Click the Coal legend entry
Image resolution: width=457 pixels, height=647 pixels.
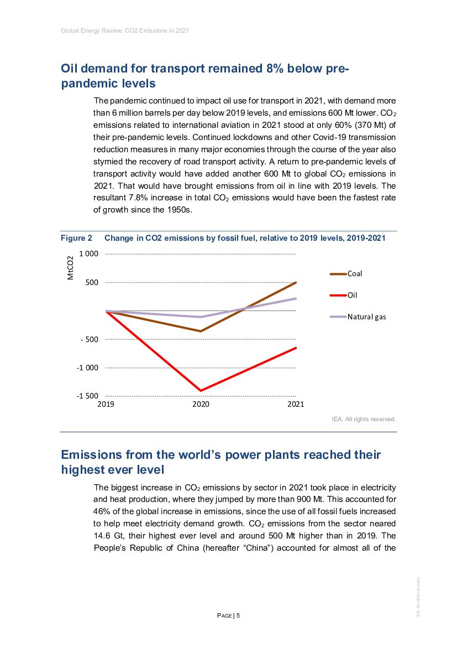(355, 273)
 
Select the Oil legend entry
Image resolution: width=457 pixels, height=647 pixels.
(352, 295)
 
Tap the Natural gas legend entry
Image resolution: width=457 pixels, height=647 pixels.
(366, 317)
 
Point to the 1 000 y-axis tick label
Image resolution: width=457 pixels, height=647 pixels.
(88, 254)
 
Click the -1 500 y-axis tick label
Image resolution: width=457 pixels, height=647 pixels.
(87, 396)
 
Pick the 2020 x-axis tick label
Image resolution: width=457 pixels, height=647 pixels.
(201, 405)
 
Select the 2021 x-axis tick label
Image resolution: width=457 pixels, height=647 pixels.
(296, 405)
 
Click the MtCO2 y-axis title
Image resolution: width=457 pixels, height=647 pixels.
(70, 268)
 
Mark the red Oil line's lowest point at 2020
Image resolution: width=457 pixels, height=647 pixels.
(201, 391)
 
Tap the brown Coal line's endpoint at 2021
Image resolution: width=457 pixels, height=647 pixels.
(296, 282)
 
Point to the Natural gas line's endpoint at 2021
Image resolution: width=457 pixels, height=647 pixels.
(296, 298)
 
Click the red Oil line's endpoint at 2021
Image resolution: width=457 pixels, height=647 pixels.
(296, 348)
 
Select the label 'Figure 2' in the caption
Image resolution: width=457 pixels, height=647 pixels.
(76, 238)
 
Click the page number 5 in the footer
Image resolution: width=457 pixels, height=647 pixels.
(238, 615)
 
